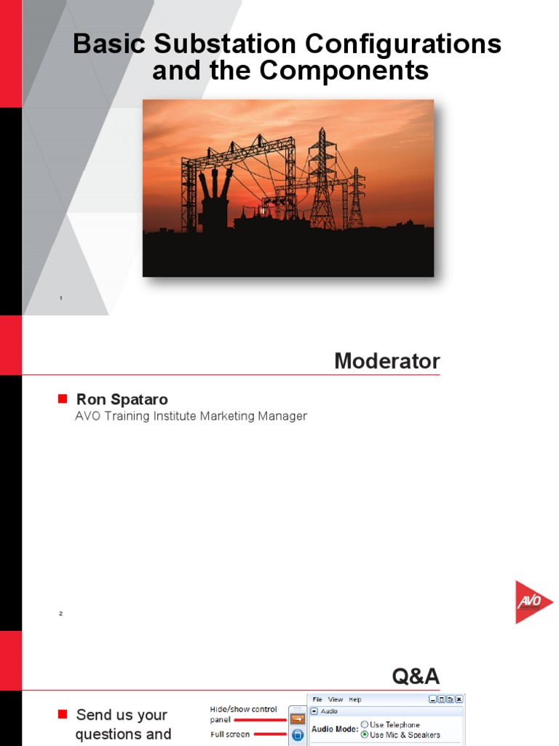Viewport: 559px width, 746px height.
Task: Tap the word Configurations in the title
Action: tap(403, 44)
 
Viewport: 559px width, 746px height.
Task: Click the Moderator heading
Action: tap(386, 361)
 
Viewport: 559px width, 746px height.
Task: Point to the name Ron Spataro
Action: tap(122, 399)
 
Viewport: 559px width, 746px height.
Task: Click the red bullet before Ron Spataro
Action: tap(62, 398)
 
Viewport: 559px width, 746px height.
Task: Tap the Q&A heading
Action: tap(416, 677)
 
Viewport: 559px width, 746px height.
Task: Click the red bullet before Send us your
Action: tap(62, 714)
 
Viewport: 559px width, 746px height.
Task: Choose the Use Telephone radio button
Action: tap(365, 725)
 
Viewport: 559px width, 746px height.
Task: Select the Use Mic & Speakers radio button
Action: tap(365, 734)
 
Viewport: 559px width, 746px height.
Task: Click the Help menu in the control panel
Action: tap(354, 699)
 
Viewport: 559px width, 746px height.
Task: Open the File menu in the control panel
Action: tap(318, 699)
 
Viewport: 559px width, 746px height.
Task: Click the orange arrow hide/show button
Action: tap(297, 719)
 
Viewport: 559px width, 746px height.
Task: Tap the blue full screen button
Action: tap(297, 735)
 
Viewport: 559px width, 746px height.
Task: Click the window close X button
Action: tap(458, 699)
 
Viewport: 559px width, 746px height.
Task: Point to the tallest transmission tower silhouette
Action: tap(322, 178)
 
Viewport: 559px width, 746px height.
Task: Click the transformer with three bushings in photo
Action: tap(215, 200)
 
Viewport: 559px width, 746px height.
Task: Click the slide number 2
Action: tap(61, 613)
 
